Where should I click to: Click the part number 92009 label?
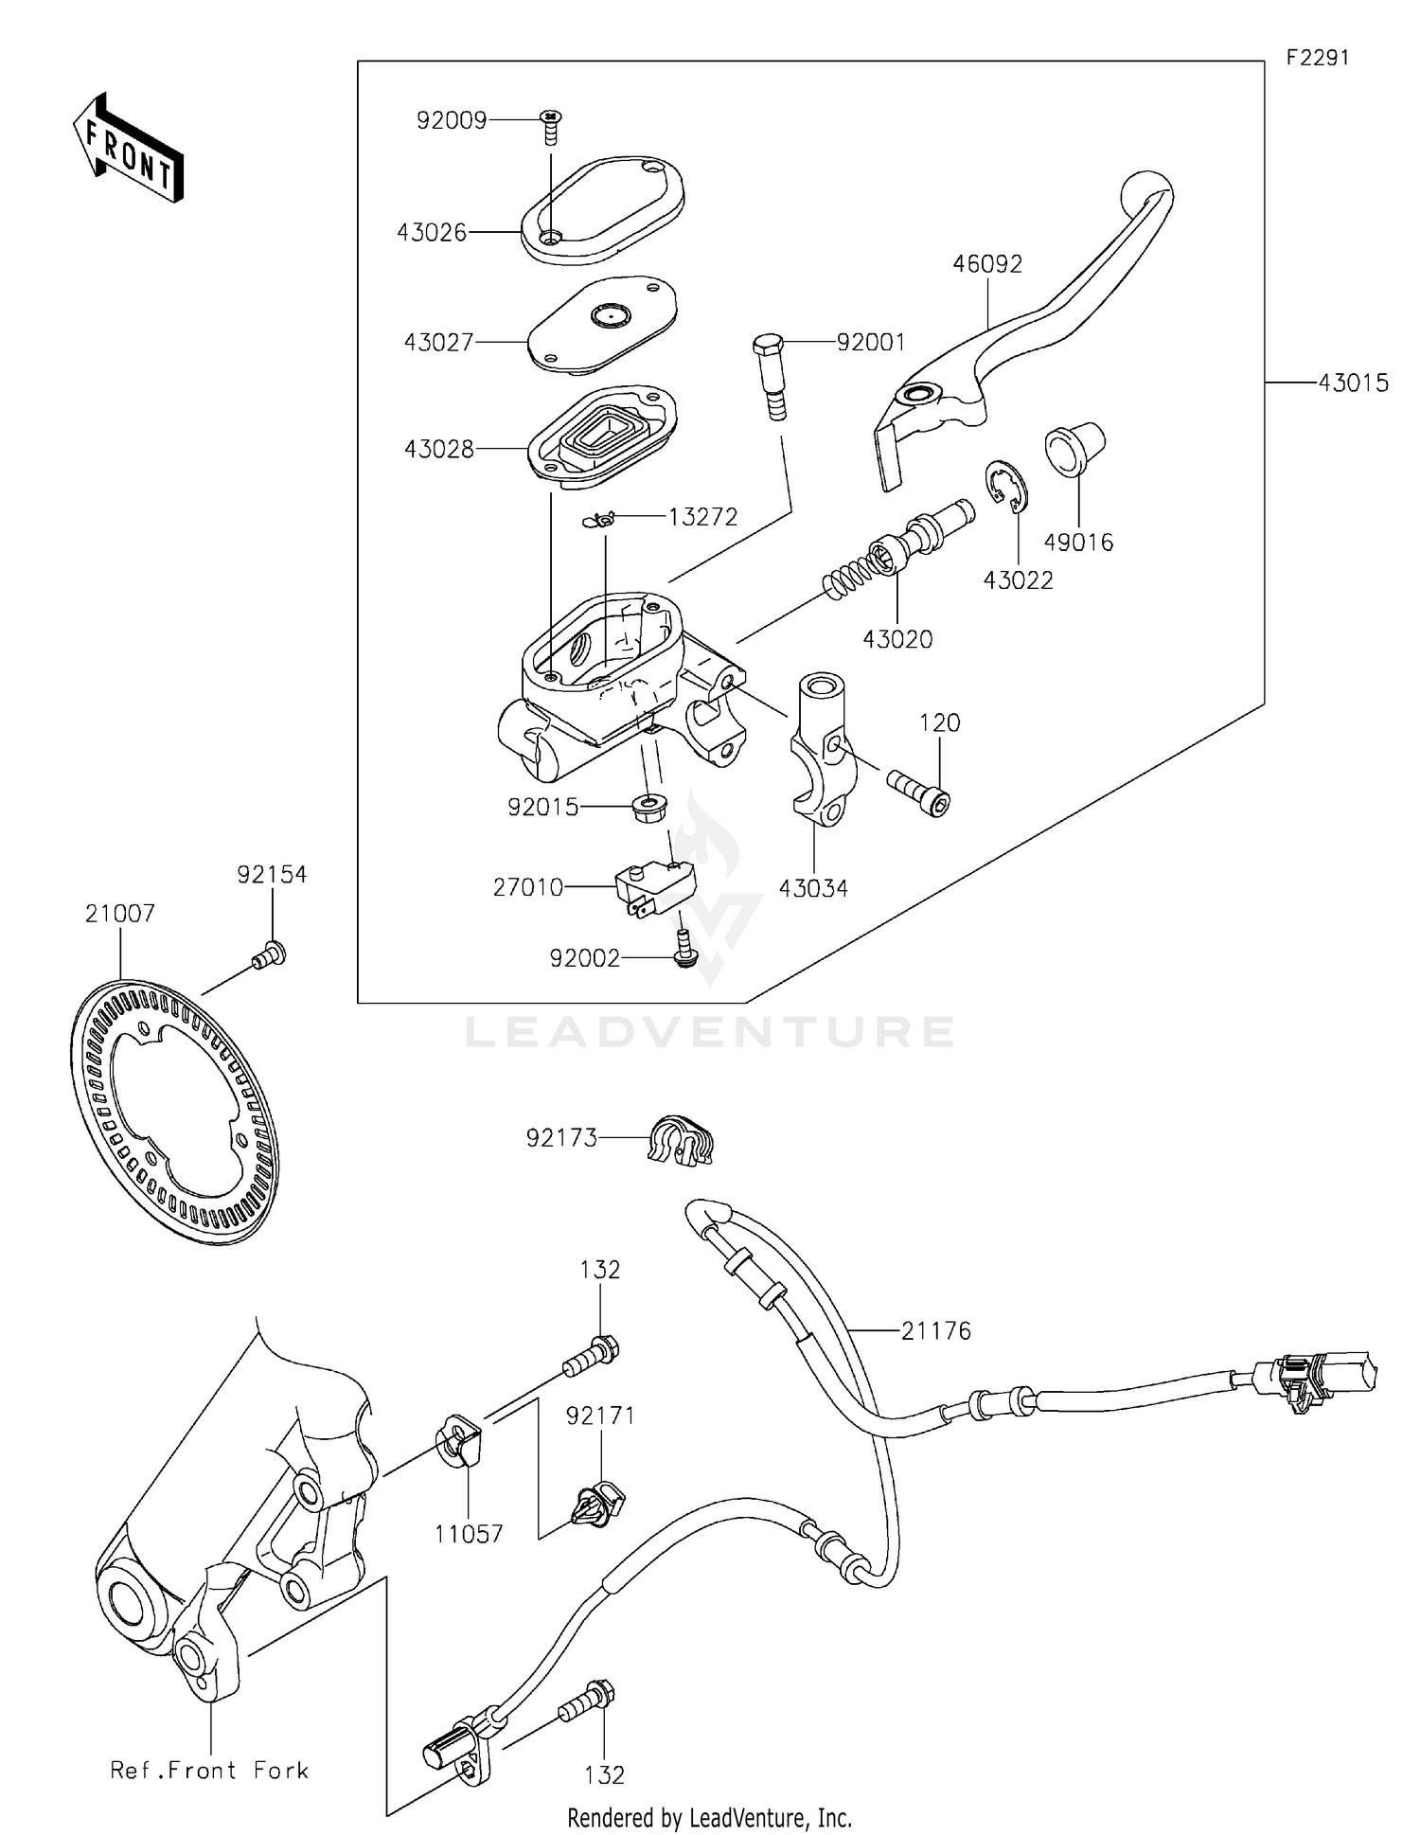click(x=452, y=121)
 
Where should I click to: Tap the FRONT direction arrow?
click(x=129, y=149)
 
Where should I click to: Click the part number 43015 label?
click(x=1353, y=383)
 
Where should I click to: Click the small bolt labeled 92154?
click(x=270, y=955)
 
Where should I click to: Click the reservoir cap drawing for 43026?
click(x=603, y=209)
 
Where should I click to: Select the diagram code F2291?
click(x=1317, y=58)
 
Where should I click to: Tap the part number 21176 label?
click(x=935, y=1331)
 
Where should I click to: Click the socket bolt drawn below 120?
click(x=918, y=792)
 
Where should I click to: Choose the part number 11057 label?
click(x=469, y=1535)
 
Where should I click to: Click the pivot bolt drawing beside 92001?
click(x=770, y=375)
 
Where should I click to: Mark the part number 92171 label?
click(x=600, y=1416)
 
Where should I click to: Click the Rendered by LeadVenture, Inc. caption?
click(x=709, y=1818)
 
